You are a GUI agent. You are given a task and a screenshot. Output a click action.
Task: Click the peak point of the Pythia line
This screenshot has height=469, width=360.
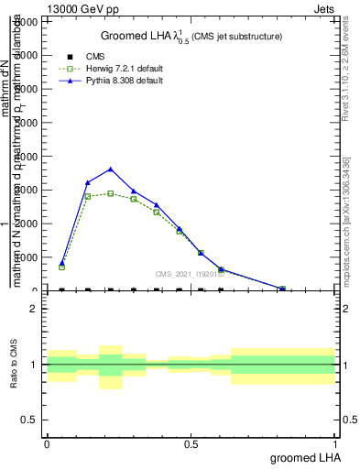click(x=111, y=169)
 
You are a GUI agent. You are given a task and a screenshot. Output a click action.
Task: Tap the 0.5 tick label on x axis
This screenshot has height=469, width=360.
click(x=191, y=443)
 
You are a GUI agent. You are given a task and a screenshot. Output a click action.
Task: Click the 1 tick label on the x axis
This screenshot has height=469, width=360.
click(x=336, y=443)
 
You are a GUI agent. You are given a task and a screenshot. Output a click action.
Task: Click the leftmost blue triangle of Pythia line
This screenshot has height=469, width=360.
click(x=62, y=262)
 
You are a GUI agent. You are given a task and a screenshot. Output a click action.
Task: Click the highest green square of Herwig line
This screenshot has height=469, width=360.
click(x=111, y=193)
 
